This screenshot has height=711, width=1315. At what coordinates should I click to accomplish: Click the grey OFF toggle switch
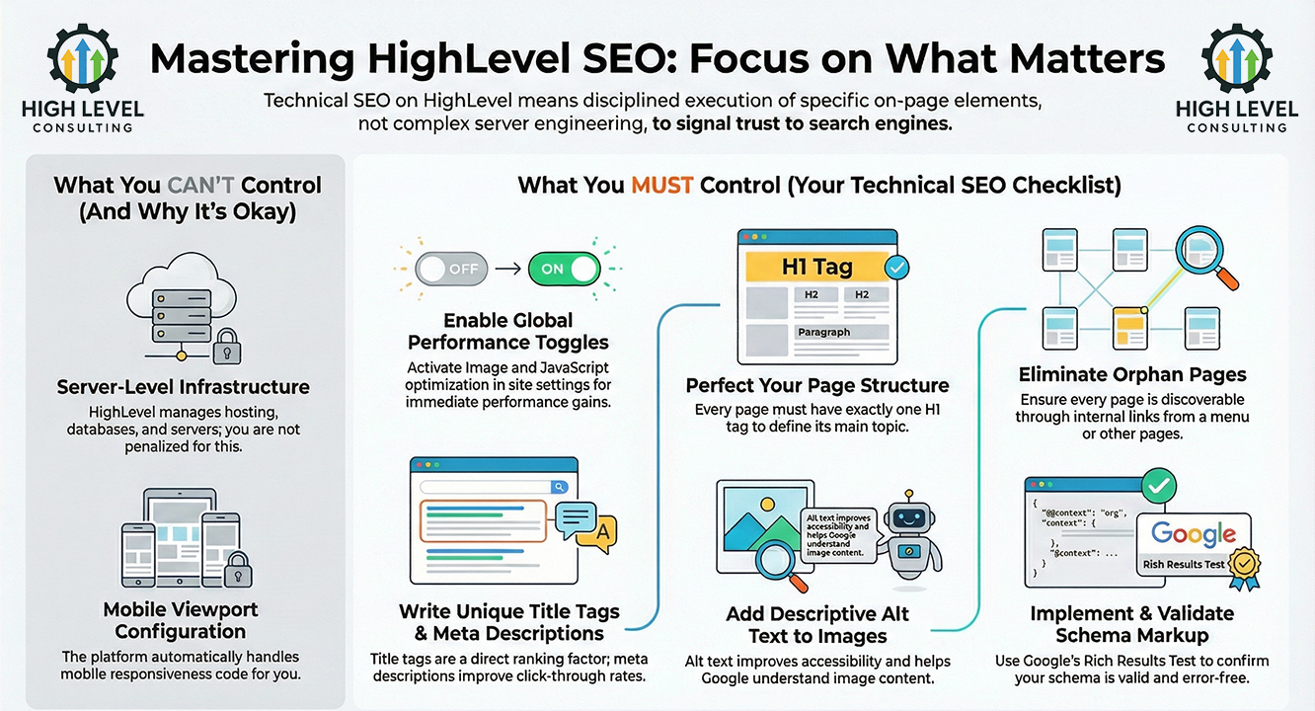tap(450, 269)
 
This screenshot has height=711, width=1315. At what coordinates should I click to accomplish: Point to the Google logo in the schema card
tap(1194, 534)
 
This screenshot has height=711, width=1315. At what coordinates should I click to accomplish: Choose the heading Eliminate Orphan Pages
tap(1132, 375)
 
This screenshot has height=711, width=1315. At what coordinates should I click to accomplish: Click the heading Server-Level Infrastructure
tap(184, 387)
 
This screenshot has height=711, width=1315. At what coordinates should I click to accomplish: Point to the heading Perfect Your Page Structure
tap(817, 385)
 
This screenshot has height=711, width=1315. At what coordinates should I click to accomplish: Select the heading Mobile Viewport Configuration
tap(180, 620)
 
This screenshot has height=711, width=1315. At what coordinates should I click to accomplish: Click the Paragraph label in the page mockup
tap(823, 333)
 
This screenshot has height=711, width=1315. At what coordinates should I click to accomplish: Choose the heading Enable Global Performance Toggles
tap(508, 332)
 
